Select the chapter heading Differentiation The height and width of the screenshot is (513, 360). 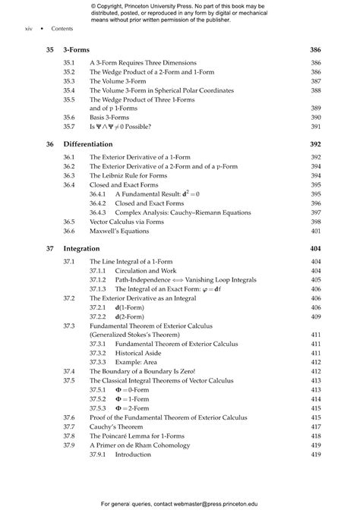(x=88, y=143)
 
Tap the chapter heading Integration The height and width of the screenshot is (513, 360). (x=82, y=248)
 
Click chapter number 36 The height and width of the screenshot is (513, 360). (x=49, y=143)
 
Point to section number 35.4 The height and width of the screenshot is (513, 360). (x=69, y=90)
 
